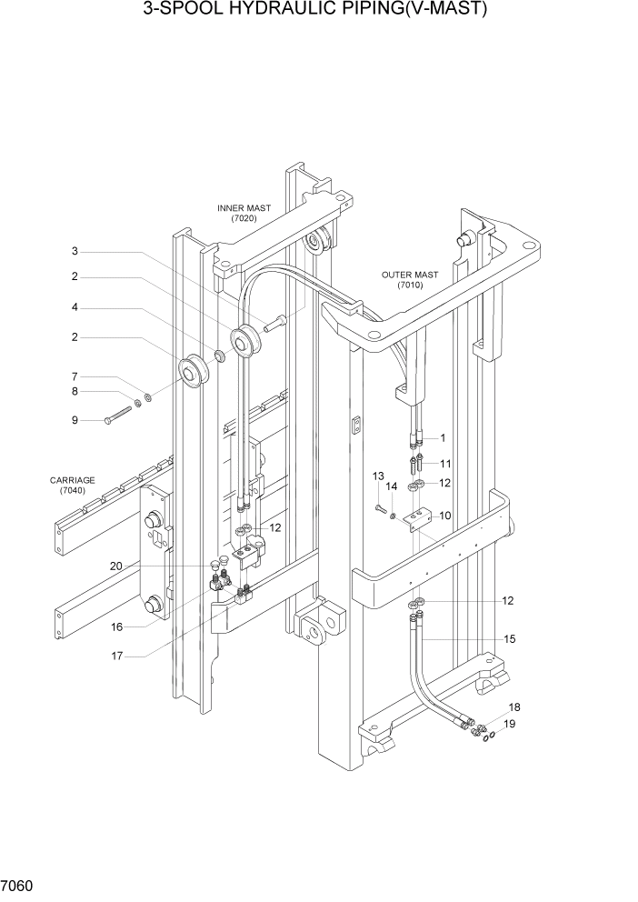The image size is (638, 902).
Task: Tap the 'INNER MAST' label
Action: point(244,208)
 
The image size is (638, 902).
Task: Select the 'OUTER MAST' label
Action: point(410,275)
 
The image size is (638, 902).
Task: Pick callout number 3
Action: point(76,251)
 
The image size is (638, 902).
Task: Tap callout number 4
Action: point(76,307)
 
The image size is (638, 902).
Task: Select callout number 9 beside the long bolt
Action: point(76,420)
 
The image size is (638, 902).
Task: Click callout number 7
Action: point(76,376)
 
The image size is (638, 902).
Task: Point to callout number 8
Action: point(76,392)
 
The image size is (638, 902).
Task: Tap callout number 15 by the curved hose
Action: point(510,639)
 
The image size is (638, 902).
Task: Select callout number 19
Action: point(510,724)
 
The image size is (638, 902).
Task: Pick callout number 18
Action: point(513,707)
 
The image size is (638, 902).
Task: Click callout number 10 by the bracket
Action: point(445,516)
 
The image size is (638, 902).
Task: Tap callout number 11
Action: point(445,464)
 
